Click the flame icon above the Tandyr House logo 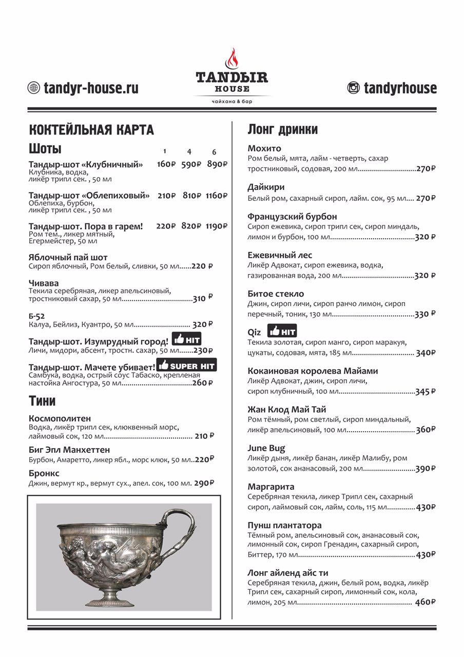point(232,59)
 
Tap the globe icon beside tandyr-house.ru point(33,88)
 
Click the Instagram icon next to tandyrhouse point(354,88)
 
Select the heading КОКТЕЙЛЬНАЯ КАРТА point(91,130)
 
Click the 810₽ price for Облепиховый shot point(191,196)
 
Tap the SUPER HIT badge point(187,365)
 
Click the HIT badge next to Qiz point(282,331)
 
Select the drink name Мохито point(264,148)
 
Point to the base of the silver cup point(111,599)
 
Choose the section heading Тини point(42,401)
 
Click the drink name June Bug point(266,448)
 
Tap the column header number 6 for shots point(214,152)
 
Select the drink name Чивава point(44,283)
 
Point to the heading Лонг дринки point(283,129)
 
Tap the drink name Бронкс point(44,473)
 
